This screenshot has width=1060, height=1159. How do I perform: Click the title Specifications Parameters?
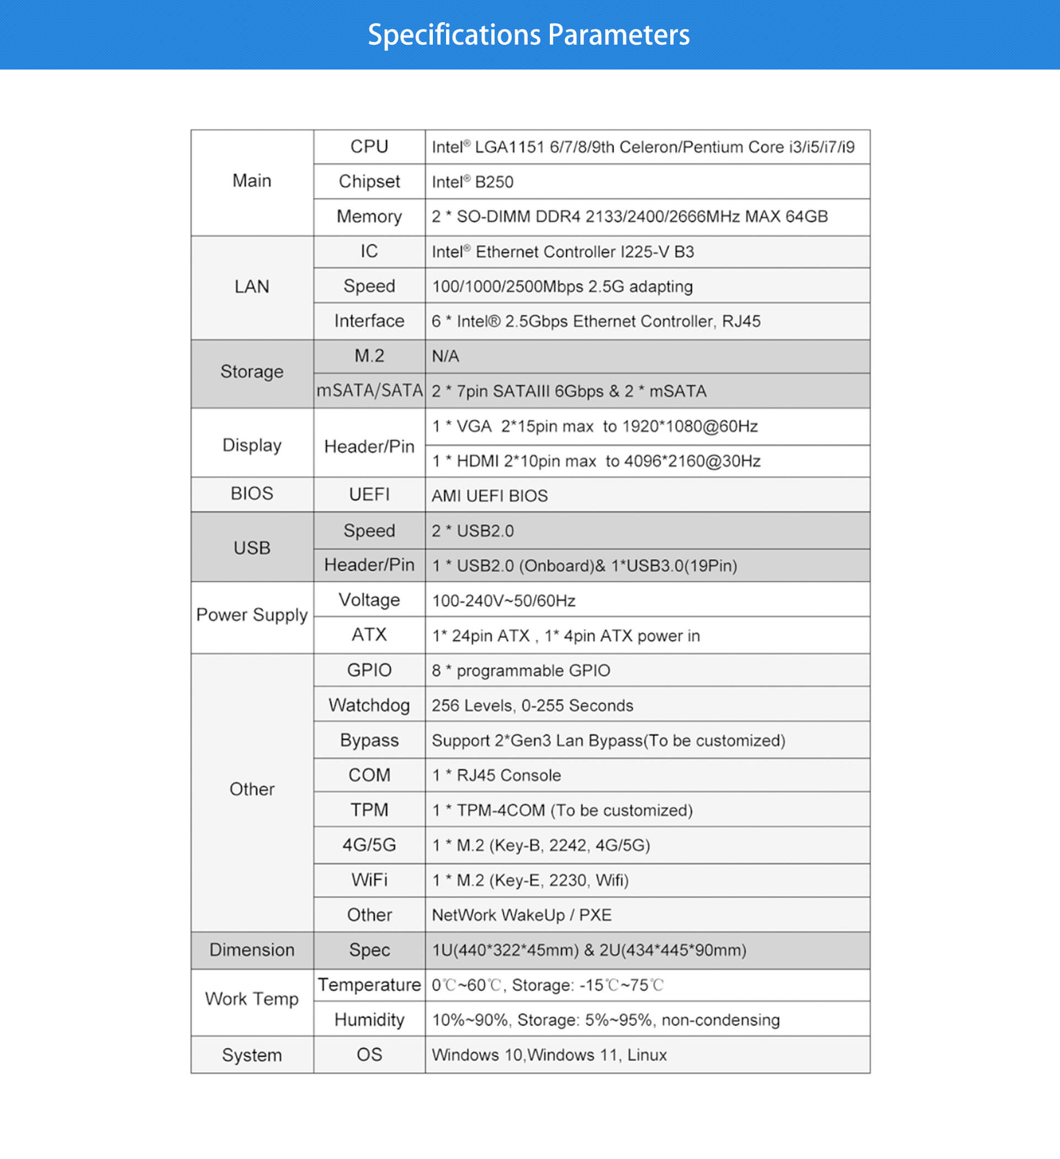click(528, 34)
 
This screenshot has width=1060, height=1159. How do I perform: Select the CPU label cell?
click(369, 147)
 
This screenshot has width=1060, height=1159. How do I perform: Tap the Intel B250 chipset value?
click(473, 182)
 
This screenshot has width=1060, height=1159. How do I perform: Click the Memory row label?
click(369, 216)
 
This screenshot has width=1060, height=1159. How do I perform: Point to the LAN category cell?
click(252, 286)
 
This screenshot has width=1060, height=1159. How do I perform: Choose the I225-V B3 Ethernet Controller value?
click(563, 252)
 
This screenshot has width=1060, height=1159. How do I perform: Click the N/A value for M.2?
click(445, 357)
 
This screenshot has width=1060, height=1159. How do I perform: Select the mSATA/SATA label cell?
click(369, 391)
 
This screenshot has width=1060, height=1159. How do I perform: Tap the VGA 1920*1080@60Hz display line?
click(595, 426)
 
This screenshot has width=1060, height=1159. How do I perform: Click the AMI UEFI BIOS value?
click(490, 496)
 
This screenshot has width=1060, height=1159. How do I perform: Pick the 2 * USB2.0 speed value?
click(473, 530)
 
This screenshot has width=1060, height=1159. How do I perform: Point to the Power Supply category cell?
click(252, 615)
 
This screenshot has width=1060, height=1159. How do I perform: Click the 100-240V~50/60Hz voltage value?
click(504, 601)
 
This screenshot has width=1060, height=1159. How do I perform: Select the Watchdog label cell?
click(369, 705)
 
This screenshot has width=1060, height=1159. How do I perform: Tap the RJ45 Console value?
click(496, 775)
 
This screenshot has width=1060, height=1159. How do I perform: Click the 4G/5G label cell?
click(369, 845)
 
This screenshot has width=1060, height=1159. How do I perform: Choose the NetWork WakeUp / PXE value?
click(522, 915)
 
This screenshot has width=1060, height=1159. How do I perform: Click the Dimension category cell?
click(252, 950)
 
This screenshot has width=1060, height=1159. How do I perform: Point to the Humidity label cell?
click(369, 1020)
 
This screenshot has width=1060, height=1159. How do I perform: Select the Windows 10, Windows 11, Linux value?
click(549, 1055)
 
